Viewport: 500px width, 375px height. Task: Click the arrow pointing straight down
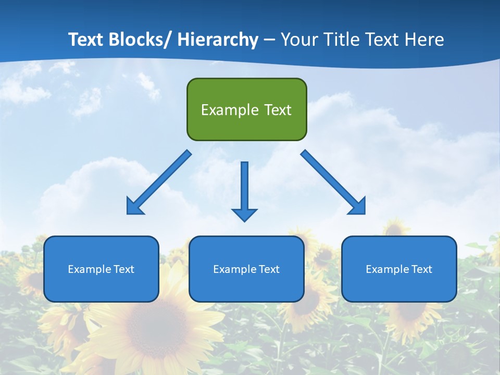click(244, 190)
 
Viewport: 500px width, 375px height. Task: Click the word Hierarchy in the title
click(218, 40)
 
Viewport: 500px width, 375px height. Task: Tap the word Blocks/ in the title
click(141, 40)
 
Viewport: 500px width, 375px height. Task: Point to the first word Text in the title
click(86, 40)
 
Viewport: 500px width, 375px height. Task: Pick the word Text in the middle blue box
click(269, 269)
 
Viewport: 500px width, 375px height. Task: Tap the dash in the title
click(269, 40)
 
